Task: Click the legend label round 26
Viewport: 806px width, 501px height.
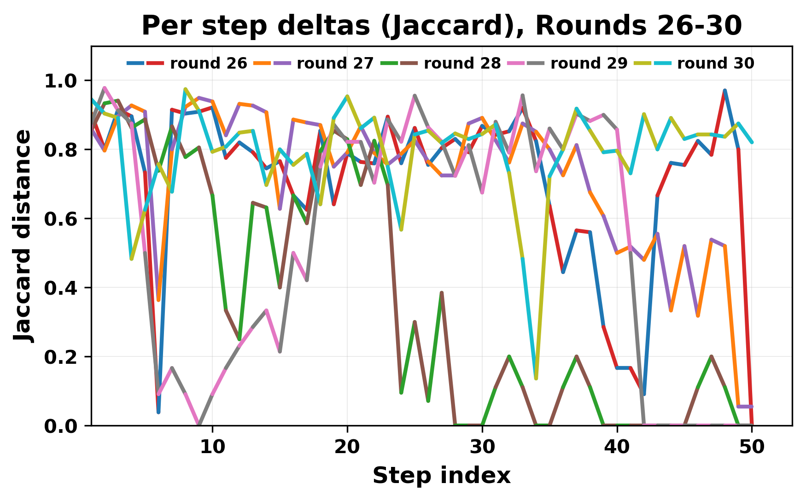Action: (x=208, y=64)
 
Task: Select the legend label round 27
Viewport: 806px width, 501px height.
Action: (x=335, y=64)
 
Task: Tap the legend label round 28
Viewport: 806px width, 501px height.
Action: (x=462, y=64)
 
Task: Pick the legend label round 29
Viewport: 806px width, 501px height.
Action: (x=589, y=64)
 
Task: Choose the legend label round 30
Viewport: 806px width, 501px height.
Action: (x=715, y=64)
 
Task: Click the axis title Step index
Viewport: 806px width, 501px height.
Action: (x=441, y=476)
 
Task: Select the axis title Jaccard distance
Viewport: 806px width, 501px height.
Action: (x=23, y=236)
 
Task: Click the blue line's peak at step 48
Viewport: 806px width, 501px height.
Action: (x=725, y=90)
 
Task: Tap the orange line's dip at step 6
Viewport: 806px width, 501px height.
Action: (x=158, y=300)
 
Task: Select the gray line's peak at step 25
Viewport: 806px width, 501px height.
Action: (x=415, y=95)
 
